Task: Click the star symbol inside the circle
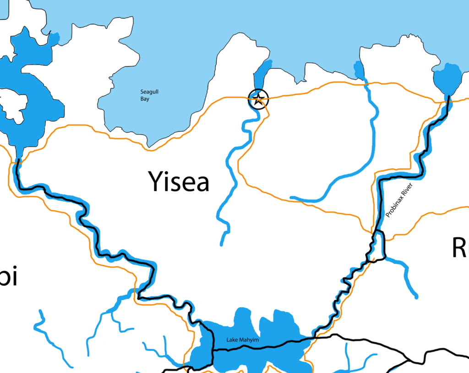coord(258,99)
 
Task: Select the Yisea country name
coord(179,181)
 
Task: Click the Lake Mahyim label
coord(243,340)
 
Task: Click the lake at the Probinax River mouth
coord(447,79)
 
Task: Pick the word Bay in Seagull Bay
coord(145,99)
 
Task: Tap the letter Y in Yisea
coord(156,181)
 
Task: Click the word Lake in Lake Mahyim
coord(232,340)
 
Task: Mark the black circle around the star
coord(250,99)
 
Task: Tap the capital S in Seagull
coord(142,92)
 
